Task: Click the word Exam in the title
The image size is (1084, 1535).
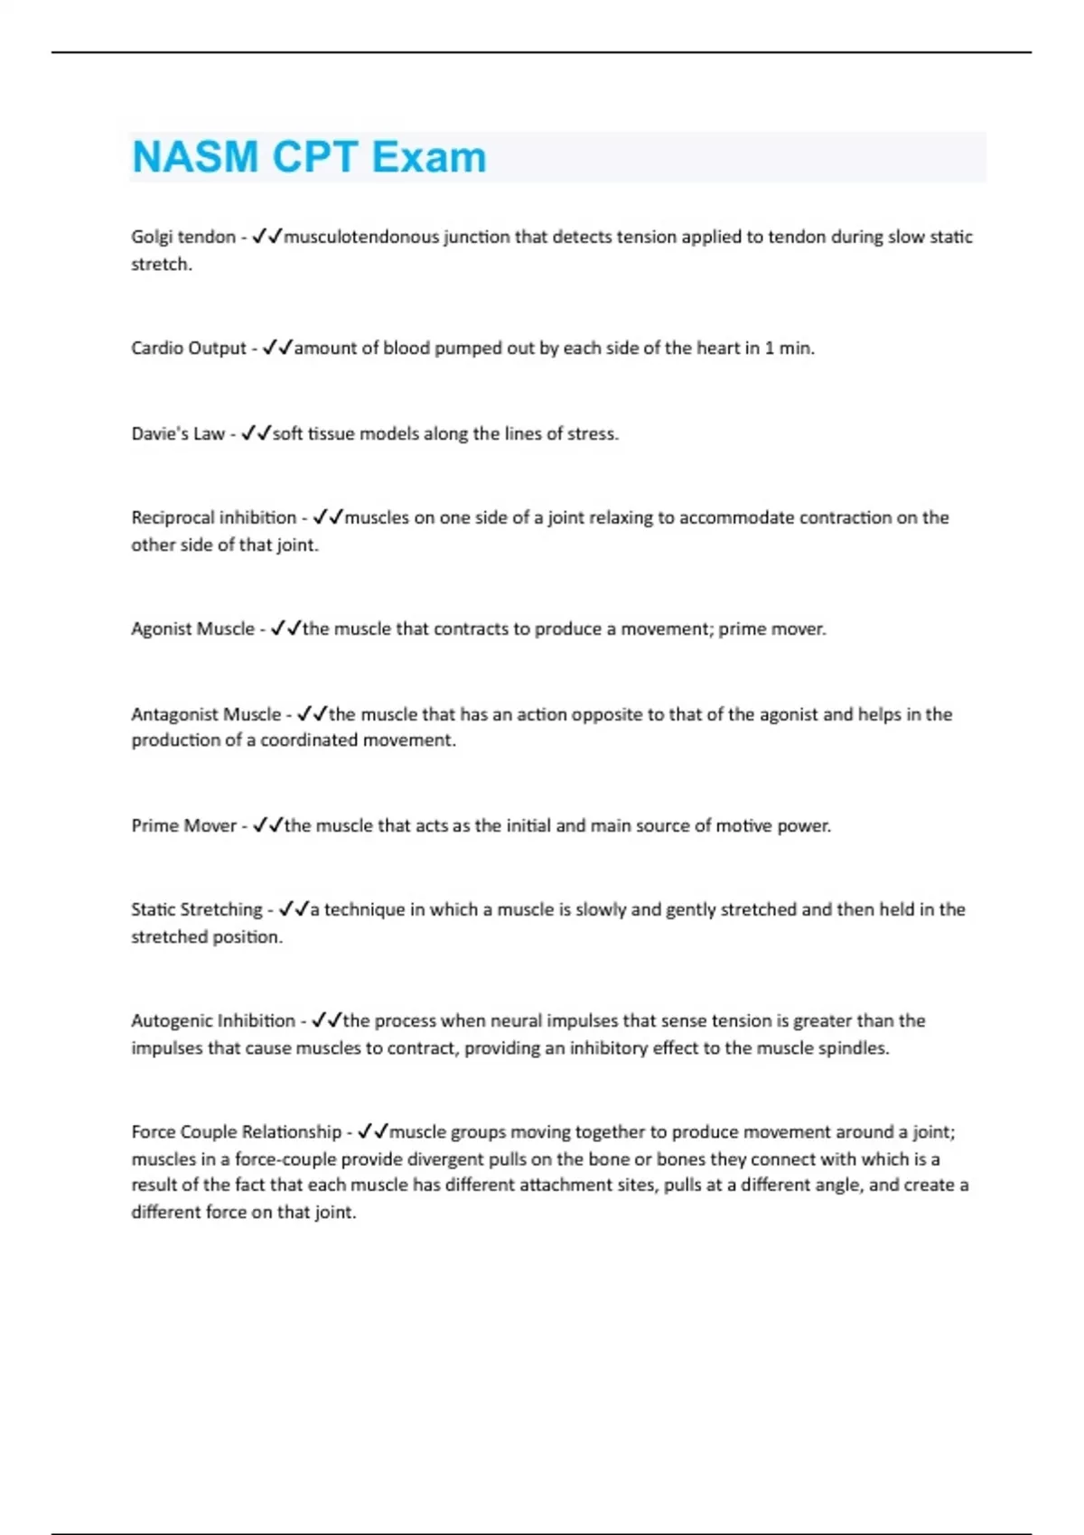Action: coord(429,157)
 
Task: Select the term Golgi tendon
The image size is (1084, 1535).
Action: coord(183,237)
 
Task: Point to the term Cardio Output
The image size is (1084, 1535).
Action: coord(189,348)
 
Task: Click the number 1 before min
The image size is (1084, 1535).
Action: coord(770,348)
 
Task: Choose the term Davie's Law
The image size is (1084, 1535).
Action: coord(178,433)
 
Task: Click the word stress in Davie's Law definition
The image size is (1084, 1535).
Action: coord(592,433)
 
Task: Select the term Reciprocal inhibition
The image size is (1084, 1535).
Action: coord(214,517)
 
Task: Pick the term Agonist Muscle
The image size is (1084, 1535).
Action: coord(193,628)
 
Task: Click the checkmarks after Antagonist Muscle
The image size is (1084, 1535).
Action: coord(312,713)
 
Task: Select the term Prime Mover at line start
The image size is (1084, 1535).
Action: coord(183,825)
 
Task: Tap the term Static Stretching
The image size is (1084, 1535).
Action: coord(197,909)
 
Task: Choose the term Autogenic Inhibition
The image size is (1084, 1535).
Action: coord(213,1020)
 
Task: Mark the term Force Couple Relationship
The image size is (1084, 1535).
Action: coord(237,1131)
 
